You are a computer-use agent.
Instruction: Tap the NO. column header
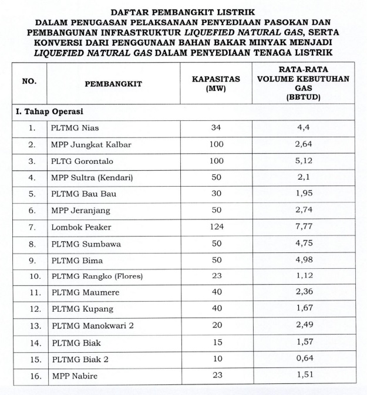[x=29, y=83]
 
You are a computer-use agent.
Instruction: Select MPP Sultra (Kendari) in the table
[x=89, y=177]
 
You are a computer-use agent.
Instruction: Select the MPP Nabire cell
[x=73, y=375]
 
